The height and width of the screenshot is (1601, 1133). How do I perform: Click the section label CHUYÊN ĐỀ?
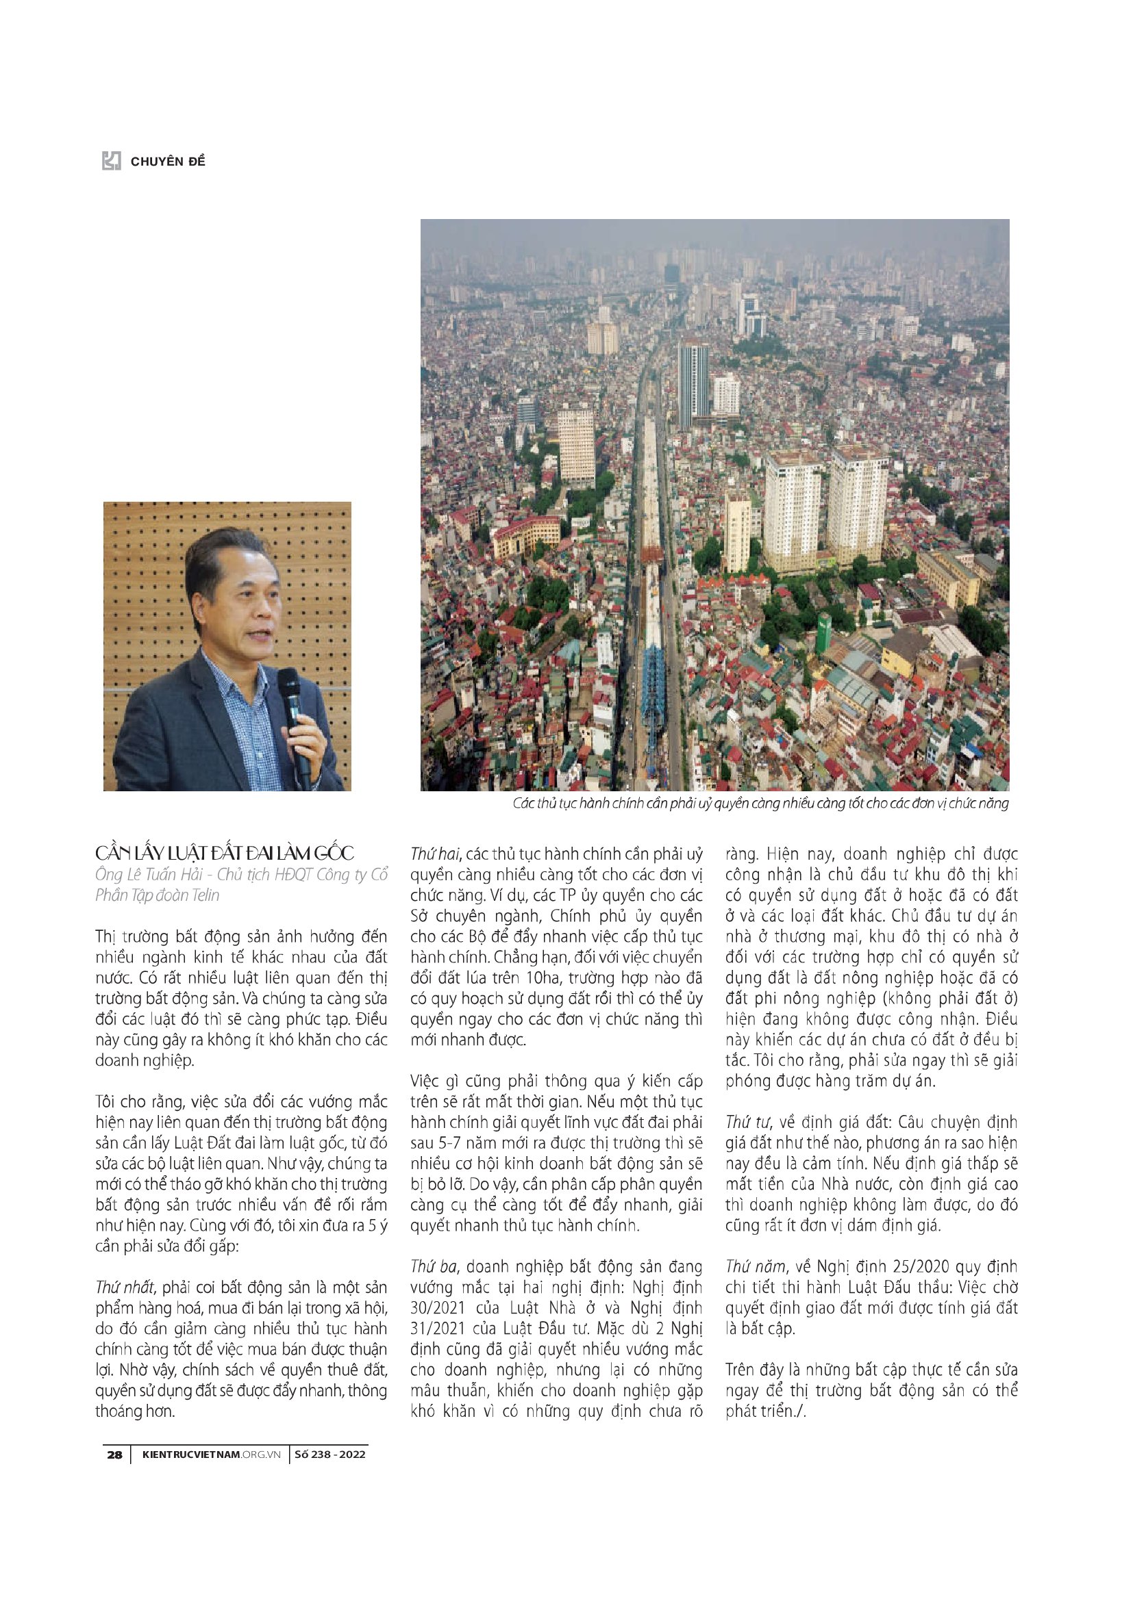pyautogui.click(x=168, y=162)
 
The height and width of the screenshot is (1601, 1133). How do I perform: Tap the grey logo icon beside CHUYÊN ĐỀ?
pyautogui.click(x=112, y=161)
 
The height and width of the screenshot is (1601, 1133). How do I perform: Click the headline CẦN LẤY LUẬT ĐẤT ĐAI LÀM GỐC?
pyautogui.click(x=225, y=853)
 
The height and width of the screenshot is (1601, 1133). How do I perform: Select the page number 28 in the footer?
pyautogui.click(x=114, y=1454)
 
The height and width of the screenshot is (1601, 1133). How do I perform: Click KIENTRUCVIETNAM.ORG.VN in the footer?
pyautogui.click(x=211, y=1454)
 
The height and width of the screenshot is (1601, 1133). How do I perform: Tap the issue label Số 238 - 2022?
pyautogui.click(x=330, y=1454)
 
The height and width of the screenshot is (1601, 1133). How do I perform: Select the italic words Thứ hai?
pyautogui.click(x=435, y=854)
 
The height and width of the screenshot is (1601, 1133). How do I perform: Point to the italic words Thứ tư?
pyautogui.click(x=747, y=1122)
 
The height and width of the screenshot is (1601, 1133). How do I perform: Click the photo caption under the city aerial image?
pyautogui.click(x=760, y=804)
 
